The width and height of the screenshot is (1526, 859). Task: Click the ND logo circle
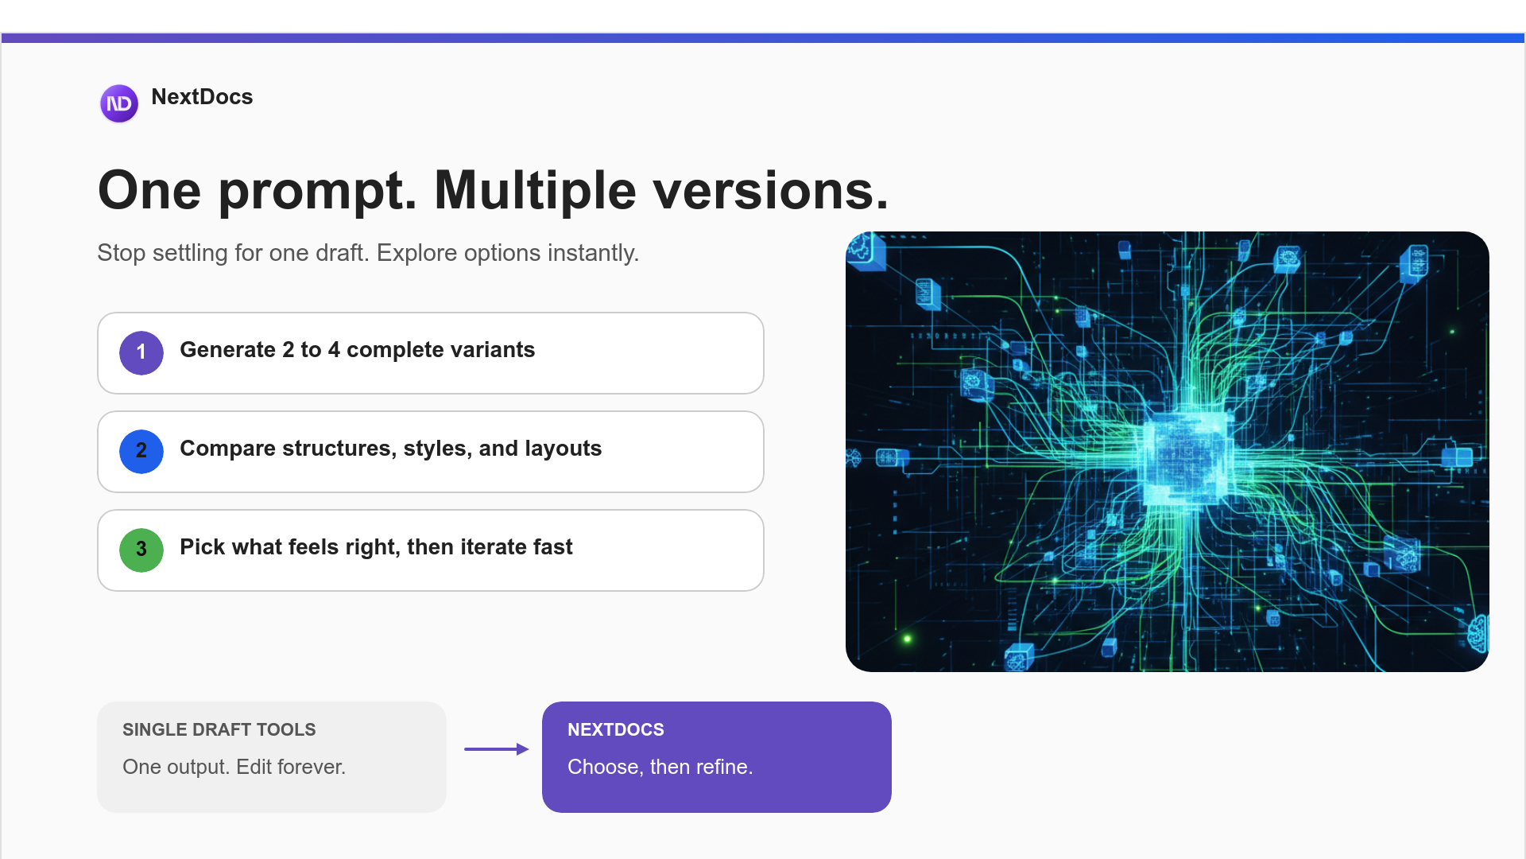[x=119, y=103]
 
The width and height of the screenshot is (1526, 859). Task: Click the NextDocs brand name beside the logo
[x=202, y=97]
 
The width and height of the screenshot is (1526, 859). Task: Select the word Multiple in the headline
[x=535, y=191]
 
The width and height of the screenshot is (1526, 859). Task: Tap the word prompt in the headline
[x=317, y=191]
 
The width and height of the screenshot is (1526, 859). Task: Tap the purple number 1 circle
[x=141, y=352]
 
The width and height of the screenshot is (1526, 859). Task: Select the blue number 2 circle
[x=141, y=451]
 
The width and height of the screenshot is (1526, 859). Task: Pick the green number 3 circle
[x=141, y=550]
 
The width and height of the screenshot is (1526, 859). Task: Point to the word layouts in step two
[x=563, y=449]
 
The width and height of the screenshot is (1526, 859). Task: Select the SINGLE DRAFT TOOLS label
[x=219, y=729]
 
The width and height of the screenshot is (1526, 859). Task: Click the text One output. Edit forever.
[x=234, y=767]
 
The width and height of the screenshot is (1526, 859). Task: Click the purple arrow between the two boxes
[x=496, y=749]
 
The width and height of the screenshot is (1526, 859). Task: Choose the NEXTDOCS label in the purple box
[x=615, y=729]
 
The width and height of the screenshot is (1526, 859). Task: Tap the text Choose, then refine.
[x=660, y=767]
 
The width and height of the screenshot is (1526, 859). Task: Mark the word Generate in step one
[x=227, y=350]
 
